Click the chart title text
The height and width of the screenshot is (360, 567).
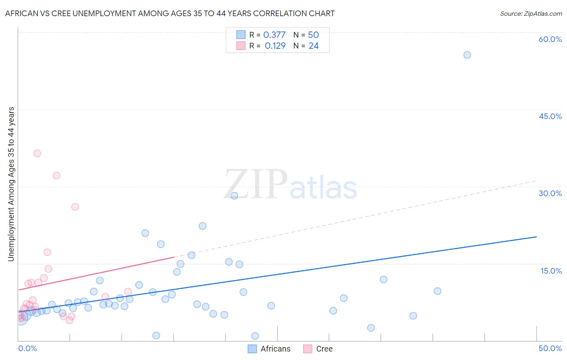tap(170, 13)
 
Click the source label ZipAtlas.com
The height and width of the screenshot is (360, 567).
tap(531, 13)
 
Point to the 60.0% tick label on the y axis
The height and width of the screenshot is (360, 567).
tap(550, 39)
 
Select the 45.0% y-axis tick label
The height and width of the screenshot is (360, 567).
tap(550, 116)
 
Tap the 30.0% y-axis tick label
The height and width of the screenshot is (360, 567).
tap(550, 193)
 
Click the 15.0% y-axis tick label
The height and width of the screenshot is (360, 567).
tap(551, 271)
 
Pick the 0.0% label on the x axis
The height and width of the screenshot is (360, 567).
tap(27, 348)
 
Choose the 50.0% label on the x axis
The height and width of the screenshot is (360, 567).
tap(550, 348)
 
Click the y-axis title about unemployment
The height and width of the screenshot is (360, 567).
tap(11, 184)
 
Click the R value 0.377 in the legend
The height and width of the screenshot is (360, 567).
tap(274, 35)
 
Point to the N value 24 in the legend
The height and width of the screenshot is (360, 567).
tap(314, 46)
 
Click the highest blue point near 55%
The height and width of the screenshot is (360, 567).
tap(467, 55)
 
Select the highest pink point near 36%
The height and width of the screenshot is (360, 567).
tap(37, 153)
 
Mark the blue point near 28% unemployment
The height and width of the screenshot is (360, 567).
tap(234, 196)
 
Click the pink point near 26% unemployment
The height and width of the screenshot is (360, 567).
tap(75, 207)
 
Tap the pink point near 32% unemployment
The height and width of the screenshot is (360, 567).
tap(56, 176)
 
